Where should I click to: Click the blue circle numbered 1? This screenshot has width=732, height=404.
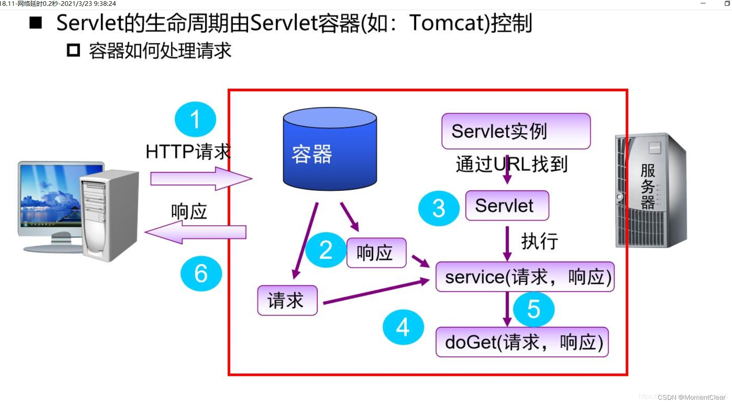195,119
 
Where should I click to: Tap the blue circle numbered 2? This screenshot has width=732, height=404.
325,250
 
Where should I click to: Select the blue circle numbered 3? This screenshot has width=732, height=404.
438,208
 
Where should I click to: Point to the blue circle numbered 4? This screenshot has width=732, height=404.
403,327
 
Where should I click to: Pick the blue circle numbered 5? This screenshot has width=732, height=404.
533,309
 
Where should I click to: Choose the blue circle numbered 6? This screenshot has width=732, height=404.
201,273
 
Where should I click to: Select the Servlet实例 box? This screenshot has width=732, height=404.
516,131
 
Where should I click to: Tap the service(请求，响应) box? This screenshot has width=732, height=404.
525,277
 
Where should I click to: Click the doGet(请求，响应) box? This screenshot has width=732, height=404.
522,342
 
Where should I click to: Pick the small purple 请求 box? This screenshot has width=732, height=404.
287,301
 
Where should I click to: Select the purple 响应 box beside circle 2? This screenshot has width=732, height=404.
376,253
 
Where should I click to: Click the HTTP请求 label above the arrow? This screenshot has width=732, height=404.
188,152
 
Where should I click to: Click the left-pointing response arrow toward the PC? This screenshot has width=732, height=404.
195,232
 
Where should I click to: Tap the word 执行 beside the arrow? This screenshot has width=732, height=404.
539,242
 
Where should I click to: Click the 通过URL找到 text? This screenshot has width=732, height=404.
511,164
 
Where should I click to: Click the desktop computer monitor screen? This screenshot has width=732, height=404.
50,196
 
